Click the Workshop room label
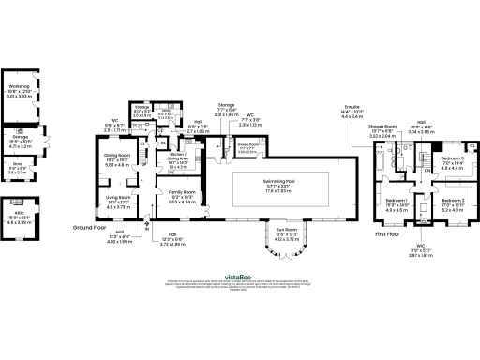(19, 86)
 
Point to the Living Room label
(117, 199)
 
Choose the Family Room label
(181, 194)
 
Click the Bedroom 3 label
(453, 160)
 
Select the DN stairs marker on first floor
(426, 170)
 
